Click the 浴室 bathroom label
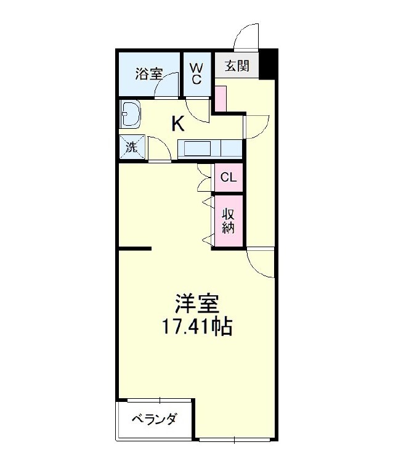point(148,74)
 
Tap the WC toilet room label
point(197,73)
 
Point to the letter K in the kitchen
point(177,124)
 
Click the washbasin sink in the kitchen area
point(131,114)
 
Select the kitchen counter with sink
point(209,149)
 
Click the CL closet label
point(228,178)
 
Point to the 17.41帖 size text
point(197,326)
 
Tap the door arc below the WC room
point(198,110)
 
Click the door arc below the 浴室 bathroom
point(166,89)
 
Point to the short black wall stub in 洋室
point(135,249)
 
